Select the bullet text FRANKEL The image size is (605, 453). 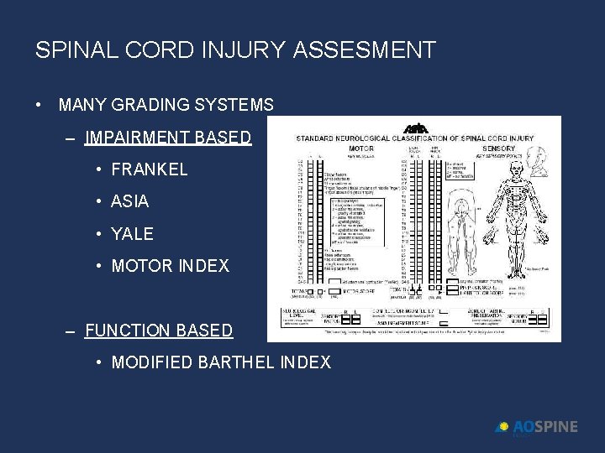tap(150, 169)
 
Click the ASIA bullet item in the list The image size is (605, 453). tap(130, 201)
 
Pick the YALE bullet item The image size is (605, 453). tap(133, 233)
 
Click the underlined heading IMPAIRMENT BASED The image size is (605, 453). tap(168, 138)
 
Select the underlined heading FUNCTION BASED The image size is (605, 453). tap(159, 331)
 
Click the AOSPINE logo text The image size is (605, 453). tap(545, 427)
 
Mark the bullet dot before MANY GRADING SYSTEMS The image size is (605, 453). tap(39, 106)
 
